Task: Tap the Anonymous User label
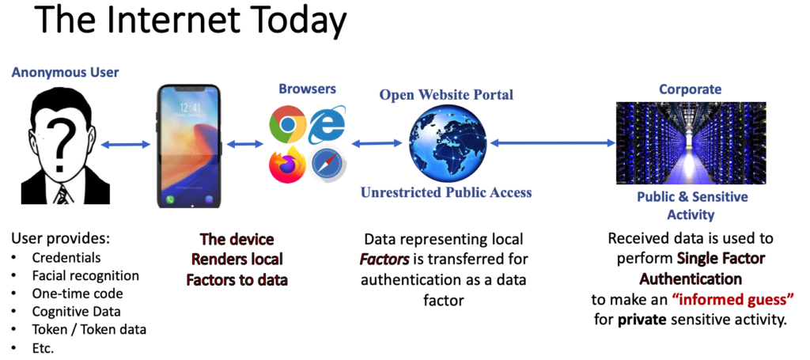[x=65, y=73]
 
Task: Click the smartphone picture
[x=188, y=146]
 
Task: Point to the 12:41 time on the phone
[x=189, y=108]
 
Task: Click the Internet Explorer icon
[x=327, y=125]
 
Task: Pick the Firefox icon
[x=287, y=163]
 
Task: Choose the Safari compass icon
[x=327, y=163]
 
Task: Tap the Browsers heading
[x=308, y=89]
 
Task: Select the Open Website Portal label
[x=446, y=95]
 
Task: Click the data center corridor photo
[x=691, y=142]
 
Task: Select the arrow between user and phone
[x=125, y=144]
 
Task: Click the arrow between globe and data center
[x=552, y=143]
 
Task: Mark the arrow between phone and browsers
[x=244, y=144]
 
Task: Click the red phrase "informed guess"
[x=732, y=301]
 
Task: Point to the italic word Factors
[x=384, y=259]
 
